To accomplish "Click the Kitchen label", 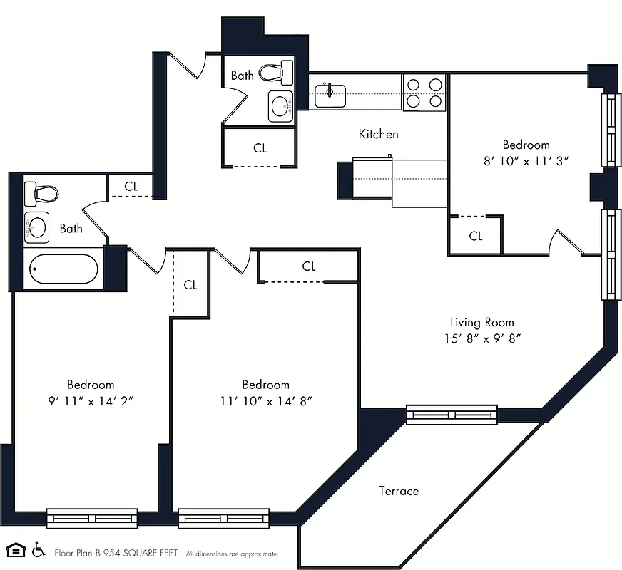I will (x=378, y=134).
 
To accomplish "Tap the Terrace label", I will (x=399, y=491).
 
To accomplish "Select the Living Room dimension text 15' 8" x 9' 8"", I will (x=481, y=338).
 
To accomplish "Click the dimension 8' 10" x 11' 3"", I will (x=526, y=161).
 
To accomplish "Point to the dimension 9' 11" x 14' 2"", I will (x=91, y=400).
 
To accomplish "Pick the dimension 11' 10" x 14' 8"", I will (x=265, y=400).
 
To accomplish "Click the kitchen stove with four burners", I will (x=424, y=92).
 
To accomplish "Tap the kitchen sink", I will (x=330, y=94).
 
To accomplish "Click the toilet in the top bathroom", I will (x=276, y=72).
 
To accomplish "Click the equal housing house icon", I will (x=16, y=550).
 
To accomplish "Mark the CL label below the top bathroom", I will (x=260, y=148).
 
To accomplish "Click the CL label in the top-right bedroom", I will (x=476, y=236).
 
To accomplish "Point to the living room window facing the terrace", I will (x=452, y=414).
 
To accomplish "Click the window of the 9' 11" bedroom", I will (x=92, y=518).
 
